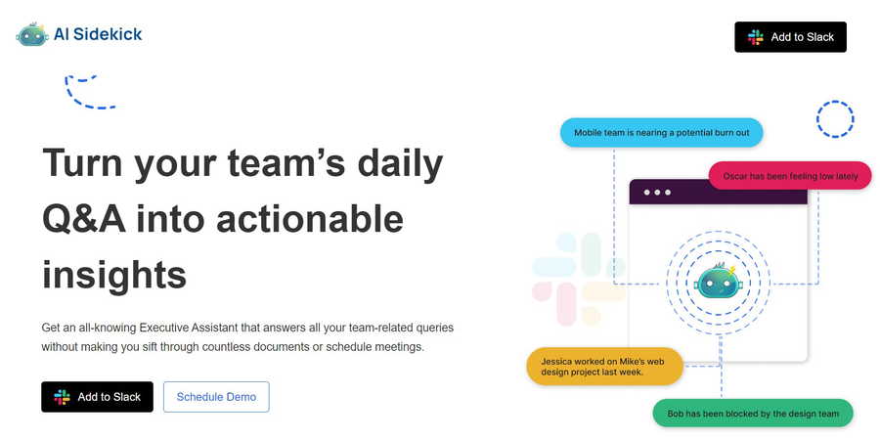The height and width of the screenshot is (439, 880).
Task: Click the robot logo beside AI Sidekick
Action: click(x=32, y=34)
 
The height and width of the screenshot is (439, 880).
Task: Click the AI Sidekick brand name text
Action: click(x=98, y=34)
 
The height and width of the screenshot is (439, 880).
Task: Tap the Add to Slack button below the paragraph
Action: click(x=97, y=397)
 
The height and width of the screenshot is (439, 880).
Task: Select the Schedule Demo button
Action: click(x=216, y=397)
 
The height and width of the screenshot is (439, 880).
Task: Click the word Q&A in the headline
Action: click(x=84, y=219)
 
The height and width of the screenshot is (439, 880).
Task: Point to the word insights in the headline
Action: click(x=114, y=275)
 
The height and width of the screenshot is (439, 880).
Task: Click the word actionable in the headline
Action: click(x=309, y=219)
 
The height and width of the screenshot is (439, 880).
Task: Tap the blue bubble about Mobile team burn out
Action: click(x=662, y=133)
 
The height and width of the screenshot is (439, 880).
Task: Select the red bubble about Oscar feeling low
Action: click(x=790, y=176)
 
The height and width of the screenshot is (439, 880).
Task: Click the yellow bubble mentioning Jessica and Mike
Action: click(x=604, y=367)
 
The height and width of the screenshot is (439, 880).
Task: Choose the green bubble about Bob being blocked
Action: click(x=753, y=414)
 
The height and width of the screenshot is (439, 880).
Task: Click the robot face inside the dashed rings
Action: click(x=718, y=281)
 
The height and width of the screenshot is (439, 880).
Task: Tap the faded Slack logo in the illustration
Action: click(x=579, y=279)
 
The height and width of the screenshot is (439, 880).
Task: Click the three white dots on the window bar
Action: click(x=657, y=193)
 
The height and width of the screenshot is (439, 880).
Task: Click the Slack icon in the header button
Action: click(x=756, y=37)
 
